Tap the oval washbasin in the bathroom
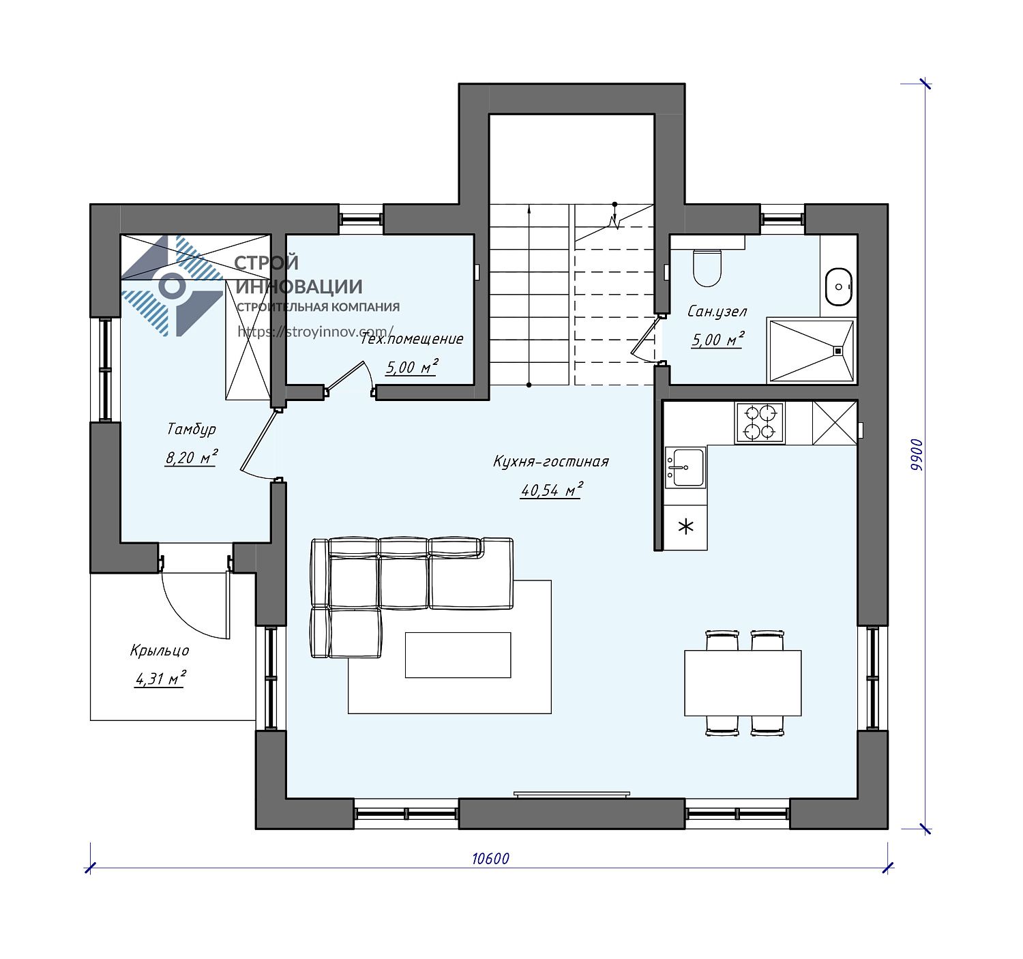tap(839, 286)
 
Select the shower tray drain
tap(838, 351)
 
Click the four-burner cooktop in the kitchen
tap(760, 423)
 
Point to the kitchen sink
tap(685, 467)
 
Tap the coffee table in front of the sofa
tap(458, 655)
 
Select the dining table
tap(742, 683)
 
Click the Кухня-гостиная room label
tap(550, 461)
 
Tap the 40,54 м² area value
tap(551, 490)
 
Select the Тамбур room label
tap(191, 429)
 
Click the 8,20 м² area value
tap(191, 457)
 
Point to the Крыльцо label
tap(160, 651)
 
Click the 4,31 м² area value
tap(160, 679)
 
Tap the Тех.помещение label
tap(411, 339)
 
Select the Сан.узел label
tap(717, 312)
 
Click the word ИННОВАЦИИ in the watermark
tap(299, 286)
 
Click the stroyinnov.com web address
tap(315, 331)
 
